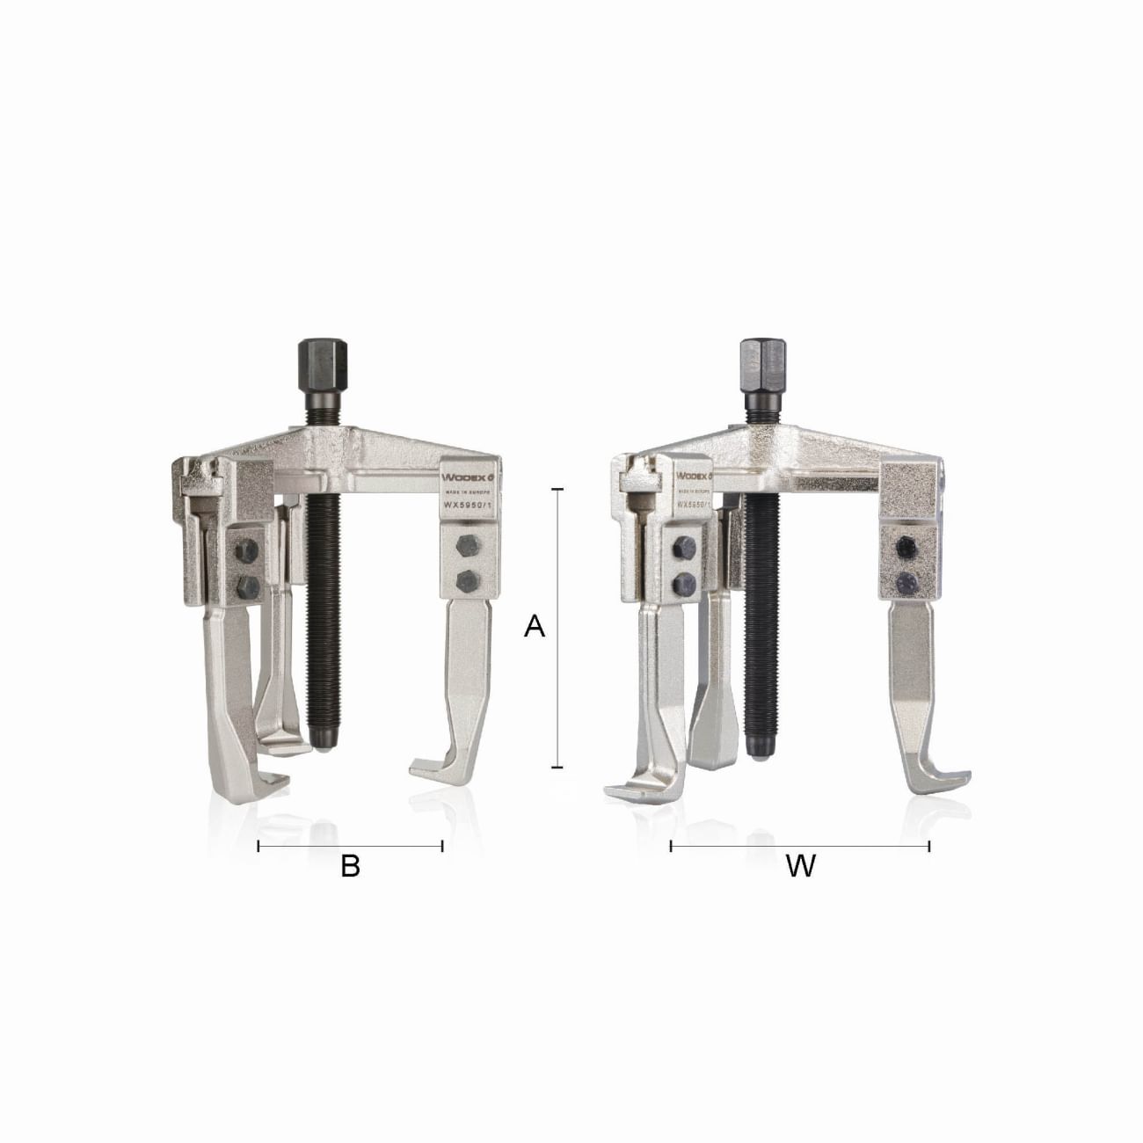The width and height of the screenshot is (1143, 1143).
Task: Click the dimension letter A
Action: pos(535,627)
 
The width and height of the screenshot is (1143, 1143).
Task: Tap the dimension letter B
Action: pos(350,866)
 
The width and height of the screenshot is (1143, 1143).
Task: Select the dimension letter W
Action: pos(800,866)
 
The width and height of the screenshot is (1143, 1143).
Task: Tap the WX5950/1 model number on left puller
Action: pos(470,506)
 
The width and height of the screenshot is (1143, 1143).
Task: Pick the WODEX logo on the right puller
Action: pos(694,476)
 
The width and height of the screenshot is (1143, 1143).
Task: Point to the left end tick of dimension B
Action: pos(258,846)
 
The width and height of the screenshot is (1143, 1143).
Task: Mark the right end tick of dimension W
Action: pos(929,847)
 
